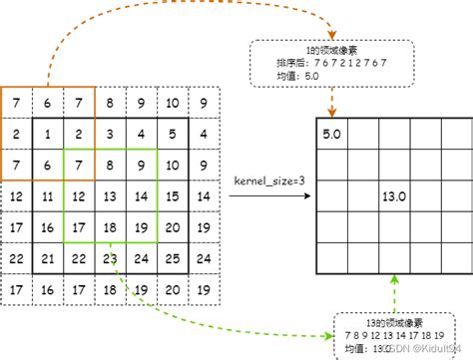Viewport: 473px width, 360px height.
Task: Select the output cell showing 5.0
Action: click(x=331, y=133)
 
